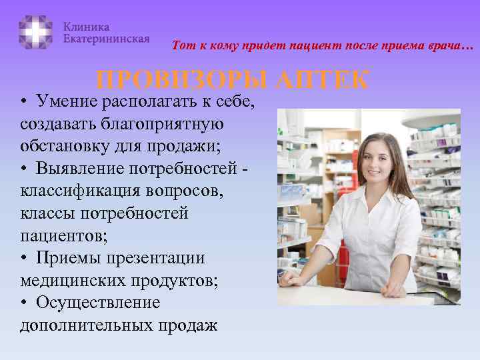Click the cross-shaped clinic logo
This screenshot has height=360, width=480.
[35, 32]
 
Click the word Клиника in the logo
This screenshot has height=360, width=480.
[87, 27]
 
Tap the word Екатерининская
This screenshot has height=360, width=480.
[107, 39]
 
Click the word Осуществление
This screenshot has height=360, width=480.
[99, 303]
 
